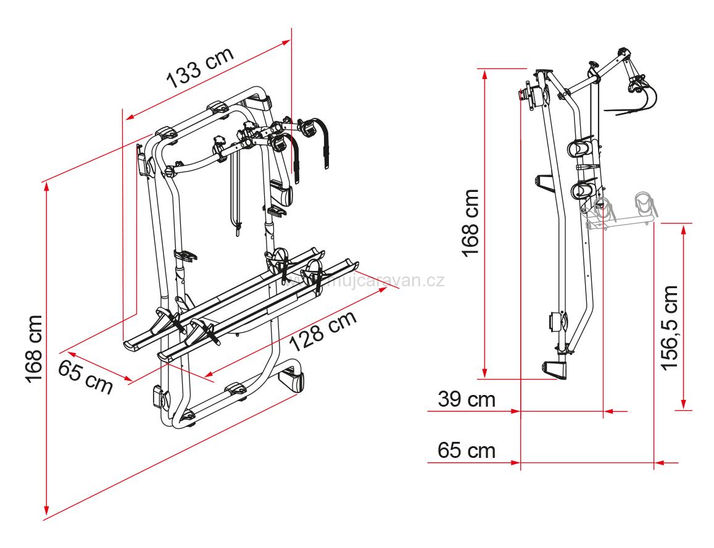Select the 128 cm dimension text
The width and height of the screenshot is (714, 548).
[x=323, y=332]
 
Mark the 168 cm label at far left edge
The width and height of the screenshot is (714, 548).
[x=33, y=349]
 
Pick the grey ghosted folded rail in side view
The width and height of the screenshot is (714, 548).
[x=617, y=213]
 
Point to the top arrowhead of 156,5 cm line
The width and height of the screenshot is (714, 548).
[x=683, y=228]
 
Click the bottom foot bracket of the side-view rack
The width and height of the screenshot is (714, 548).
[x=554, y=370]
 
